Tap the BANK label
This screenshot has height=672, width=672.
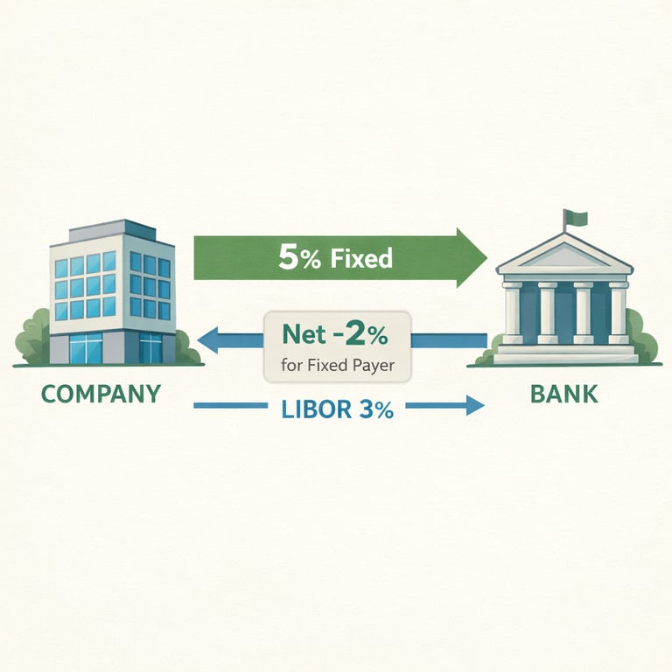click(x=564, y=393)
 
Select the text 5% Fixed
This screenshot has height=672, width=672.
click(x=334, y=258)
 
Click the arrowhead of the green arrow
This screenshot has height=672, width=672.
click(x=471, y=258)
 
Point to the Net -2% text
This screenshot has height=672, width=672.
click(x=336, y=333)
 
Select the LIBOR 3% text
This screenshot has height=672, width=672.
click(x=337, y=407)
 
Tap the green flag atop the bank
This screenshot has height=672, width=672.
click(x=574, y=217)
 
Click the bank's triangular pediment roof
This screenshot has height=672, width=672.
click(x=564, y=255)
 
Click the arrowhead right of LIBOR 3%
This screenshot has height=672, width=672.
click(x=473, y=405)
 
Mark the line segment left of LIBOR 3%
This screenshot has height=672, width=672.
click(x=230, y=405)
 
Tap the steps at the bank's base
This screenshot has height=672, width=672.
click(x=564, y=353)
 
